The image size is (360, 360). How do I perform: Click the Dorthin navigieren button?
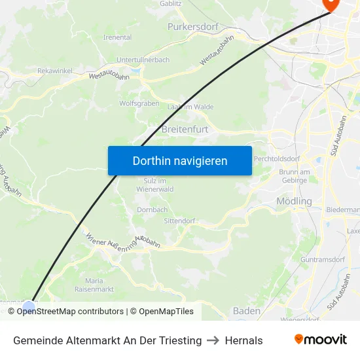pyautogui.click(x=180, y=161)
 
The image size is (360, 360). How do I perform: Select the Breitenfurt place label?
pyautogui.click(x=185, y=130)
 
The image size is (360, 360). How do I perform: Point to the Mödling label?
pyautogui.click(x=294, y=201)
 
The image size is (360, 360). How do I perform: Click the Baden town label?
pyautogui.click(x=246, y=311)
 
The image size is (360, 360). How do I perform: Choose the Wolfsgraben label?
pyautogui.click(x=139, y=103)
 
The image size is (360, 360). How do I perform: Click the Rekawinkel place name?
pyautogui.click(x=54, y=71)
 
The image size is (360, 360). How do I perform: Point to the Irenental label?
pyautogui.click(x=118, y=37)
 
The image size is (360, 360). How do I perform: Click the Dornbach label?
pyautogui.click(x=152, y=210)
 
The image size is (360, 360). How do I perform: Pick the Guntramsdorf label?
pyautogui.click(x=323, y=260)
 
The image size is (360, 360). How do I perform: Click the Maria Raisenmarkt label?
pyautogui.click(x=94, y=285)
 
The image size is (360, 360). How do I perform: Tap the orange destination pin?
pyautogui.click(x=332, y=3)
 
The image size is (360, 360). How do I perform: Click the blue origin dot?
pyautogui.click(x=29, y=306)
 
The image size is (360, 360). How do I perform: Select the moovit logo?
pyautogui.click(x=320, y=340)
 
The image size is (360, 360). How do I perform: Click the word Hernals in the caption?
pyautogui.click(x=243, y=340)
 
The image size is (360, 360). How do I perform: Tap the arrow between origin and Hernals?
pyautogui.click(x=213, y=340)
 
